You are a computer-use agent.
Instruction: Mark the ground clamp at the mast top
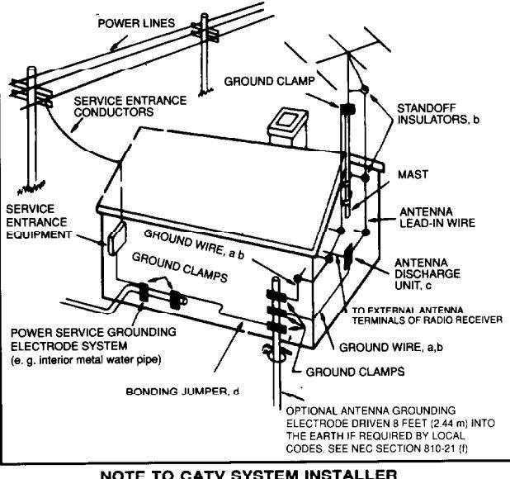pos(346,108)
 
